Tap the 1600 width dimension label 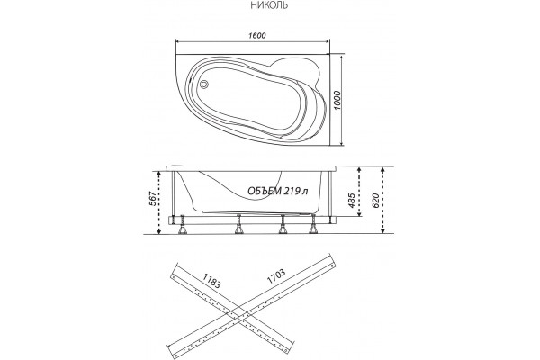tap(257, 35)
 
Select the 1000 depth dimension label tap(337, 100)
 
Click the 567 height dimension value tap(153, 199)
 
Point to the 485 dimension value tap(352, 201)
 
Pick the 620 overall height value tap(375, 201)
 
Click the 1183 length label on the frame tap(211, 281)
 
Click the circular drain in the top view tap(204, 84)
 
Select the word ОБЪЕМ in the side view tap(265, 191)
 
